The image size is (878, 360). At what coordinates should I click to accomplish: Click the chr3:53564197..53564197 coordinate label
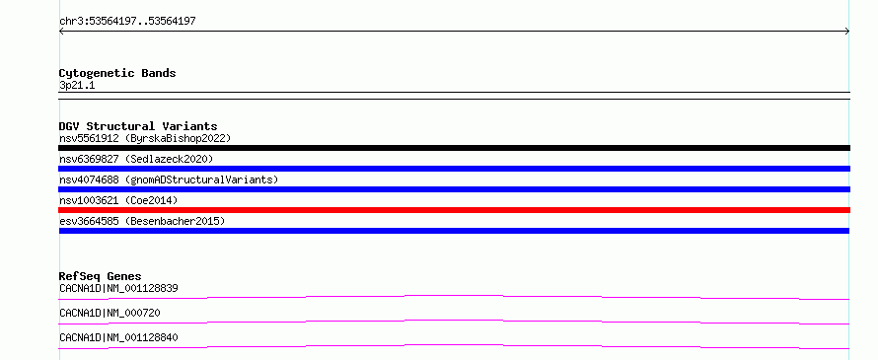[127, 22]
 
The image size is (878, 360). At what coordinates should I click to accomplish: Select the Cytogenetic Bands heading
[117, 73]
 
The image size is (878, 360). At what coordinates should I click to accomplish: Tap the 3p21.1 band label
[77, 86]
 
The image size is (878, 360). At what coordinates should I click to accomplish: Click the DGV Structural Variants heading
[138, 126]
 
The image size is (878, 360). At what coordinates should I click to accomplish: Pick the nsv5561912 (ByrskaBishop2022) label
[145, 138]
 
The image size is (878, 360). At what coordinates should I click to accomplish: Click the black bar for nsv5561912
[454, 148]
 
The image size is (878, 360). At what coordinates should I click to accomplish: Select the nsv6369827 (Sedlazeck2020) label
[136, 159]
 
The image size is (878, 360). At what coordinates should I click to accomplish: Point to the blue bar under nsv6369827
[454, 169]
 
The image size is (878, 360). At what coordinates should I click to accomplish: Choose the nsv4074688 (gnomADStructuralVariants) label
[169, 180]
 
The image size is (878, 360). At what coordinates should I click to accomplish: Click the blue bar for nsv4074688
[454, 189]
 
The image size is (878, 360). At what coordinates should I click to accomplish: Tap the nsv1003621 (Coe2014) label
[118, 200]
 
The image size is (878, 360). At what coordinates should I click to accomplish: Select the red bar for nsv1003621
[454, 210]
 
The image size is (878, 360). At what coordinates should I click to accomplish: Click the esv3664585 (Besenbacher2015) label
[142, 221]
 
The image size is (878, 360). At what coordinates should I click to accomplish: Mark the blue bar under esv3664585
[454, 231]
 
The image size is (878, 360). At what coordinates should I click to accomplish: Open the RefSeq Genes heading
[101, 276]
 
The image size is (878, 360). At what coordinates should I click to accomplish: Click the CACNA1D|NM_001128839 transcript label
[118, 289]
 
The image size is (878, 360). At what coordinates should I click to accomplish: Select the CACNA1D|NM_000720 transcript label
[110, 313]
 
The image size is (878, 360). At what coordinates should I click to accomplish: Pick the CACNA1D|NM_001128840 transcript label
[118, 337]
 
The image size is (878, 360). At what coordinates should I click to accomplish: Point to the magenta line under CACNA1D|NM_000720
[454, 321]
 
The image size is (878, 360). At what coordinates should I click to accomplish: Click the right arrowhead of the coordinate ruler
[848, 32]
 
